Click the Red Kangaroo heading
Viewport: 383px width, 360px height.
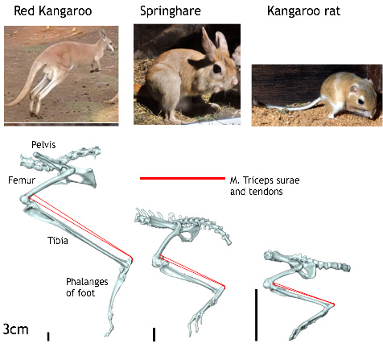(53, 11)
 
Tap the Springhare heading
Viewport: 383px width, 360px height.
(171, 11)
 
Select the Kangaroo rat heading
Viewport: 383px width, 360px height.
(303, 11)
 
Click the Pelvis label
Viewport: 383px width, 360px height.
(43, 145)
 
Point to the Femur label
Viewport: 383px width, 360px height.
(22, 180)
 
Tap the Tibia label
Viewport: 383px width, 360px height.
(58, 241)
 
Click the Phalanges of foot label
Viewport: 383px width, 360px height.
(87, 288)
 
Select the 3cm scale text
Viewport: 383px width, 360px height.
(15, 329)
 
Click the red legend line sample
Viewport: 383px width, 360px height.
(183, 178)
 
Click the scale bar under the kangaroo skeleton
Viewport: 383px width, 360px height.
(48, 337)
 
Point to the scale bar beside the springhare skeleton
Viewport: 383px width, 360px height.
(154, 334)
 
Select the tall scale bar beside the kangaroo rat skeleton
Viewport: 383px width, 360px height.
(256, 315)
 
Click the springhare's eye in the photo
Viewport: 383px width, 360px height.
(216, 68)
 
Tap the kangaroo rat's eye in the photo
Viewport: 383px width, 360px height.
(360, 101)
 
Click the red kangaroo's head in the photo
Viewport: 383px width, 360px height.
(107, 41)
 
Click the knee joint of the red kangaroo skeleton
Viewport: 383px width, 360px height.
(26, 200)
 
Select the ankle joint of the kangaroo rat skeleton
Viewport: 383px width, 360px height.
(332, 304)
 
